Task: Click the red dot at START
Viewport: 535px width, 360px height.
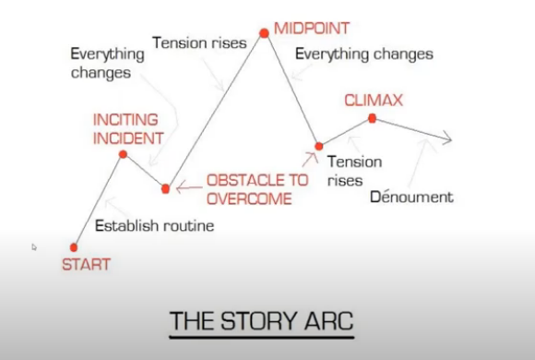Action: pos(74,246)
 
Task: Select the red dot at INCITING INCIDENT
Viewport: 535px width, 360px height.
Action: pos(123,154)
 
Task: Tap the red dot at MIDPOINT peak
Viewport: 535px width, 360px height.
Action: pos(264,33)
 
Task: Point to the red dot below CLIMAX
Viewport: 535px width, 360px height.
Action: pos(372,118)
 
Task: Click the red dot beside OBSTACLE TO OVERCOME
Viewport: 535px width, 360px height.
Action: pos(165,188)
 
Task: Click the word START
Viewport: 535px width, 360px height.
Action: pos(86,265)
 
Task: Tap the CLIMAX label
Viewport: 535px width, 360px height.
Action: pos(374,99)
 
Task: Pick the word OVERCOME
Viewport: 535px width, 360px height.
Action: pos(249,198)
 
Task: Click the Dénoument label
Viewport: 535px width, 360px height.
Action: pos(411,197)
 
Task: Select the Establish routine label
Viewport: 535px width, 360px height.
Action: pos(154,225)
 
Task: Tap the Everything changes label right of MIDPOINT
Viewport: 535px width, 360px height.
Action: pos(363,54)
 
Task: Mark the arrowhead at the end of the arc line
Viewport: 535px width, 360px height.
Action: pos(446,139)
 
